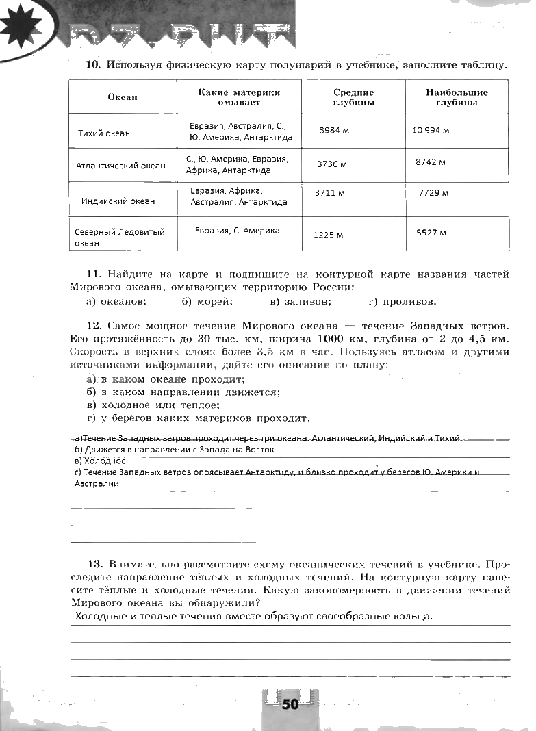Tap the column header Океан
(x=123, y=97)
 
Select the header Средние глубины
(x=353, y=97)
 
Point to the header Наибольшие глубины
(x=457, y=97)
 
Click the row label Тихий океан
(x=104, y=133)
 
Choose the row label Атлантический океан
(x=120, y=166)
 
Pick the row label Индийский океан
(x=118, y=201)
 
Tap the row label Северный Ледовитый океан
(x=120, y=238)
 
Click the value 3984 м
(x=334, y=131)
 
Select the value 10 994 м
(x=431, y=131)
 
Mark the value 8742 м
(x=431, y=162)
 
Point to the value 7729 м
(x=433, y=193)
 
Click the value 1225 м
(x=328, y=235)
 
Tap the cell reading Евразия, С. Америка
(x=237, y=231)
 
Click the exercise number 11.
(x=94, y=274)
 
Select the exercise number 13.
(x=94, y=565)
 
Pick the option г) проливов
(x=402, y=301)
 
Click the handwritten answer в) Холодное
(x=100, y=461)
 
